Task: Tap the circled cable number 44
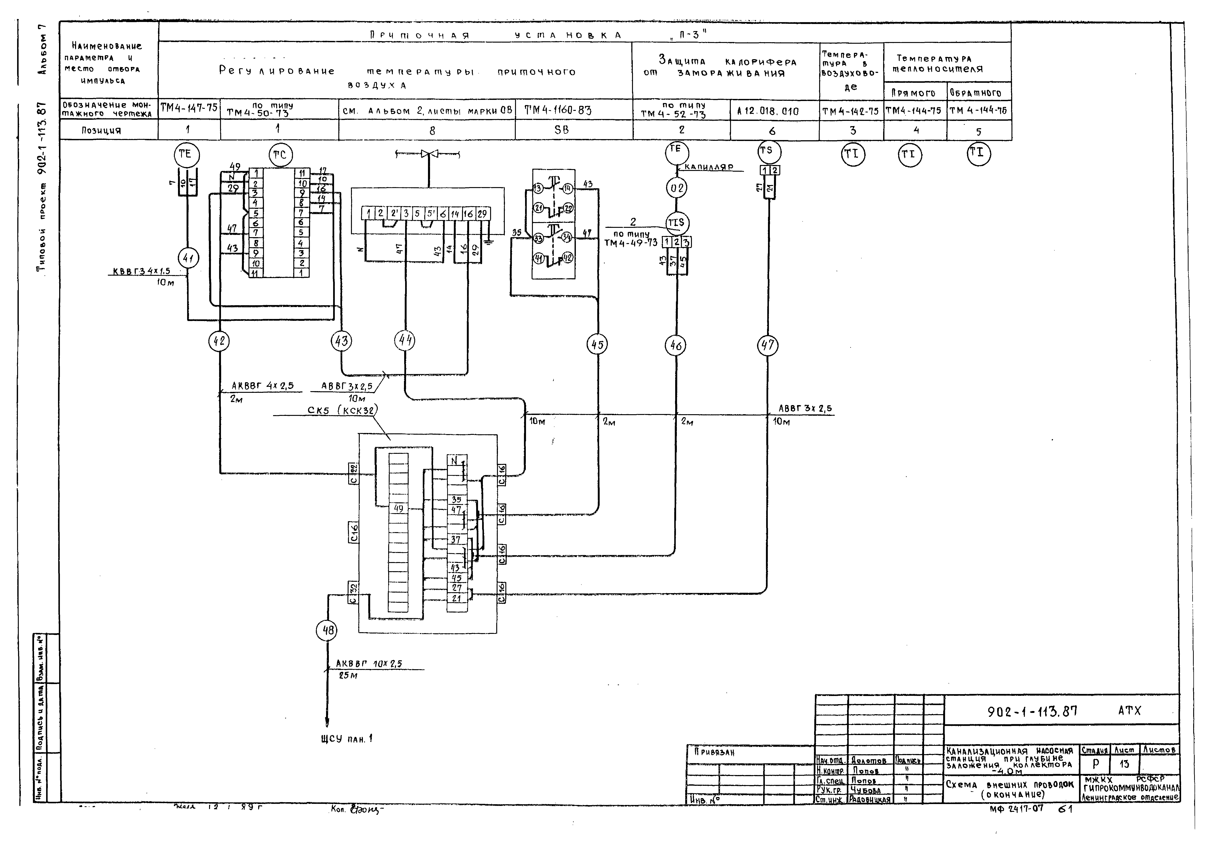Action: [404, 341]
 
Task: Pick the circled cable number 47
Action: [767, 345]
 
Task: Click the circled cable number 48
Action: [328, 630]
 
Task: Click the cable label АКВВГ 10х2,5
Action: [369, 664]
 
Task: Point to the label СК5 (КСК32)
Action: [342, 410]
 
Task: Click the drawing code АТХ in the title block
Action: [1130, 711]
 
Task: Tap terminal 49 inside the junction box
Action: [398, 508]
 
